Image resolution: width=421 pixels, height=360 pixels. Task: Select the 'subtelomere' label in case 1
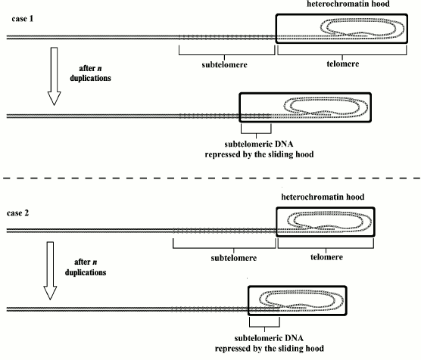click(x=228, y=64)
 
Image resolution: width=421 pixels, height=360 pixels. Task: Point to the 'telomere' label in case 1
click(x=345, y=64)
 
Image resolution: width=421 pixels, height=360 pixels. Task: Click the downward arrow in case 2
click(x=53, y=269)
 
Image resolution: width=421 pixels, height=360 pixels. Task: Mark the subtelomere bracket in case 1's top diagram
click(x=227, y=53)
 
